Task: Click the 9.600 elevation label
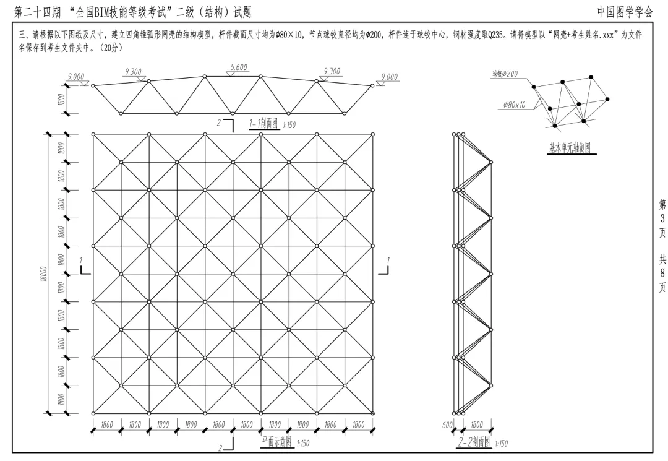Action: (239, 67)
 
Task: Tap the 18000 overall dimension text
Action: (45, 274)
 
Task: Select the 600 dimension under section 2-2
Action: (448, 424)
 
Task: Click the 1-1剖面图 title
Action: (263, 124)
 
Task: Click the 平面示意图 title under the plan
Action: (277, 442)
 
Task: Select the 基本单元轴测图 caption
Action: (570, 148)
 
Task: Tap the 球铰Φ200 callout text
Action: (506, 74)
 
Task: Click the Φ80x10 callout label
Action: (514, 105)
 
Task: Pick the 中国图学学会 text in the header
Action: (625, 12)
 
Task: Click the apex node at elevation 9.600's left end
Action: (205, 76)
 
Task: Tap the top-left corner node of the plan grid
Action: (93, 134)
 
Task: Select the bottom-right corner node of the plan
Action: (373, 413)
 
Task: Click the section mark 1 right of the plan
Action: (388, 260)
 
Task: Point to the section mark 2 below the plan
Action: (220, 448)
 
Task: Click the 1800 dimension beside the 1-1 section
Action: (61, 100)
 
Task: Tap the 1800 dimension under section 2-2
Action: (477, 424)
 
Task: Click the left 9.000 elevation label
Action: (76, 76)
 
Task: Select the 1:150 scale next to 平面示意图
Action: (302, 444)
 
